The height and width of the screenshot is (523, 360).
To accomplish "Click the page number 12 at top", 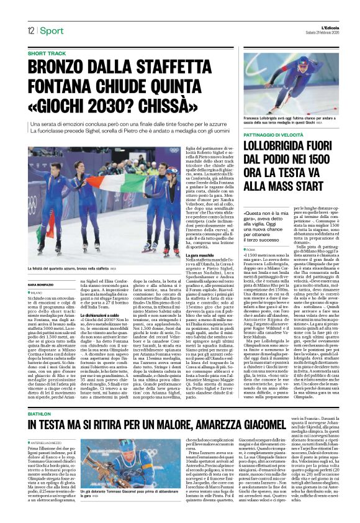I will point(30,30).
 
